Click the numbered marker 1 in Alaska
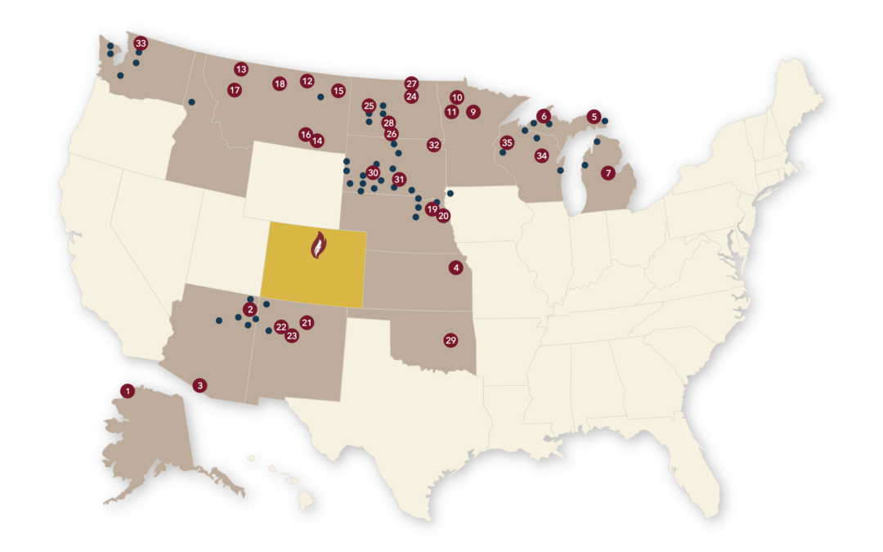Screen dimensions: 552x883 tap(128, 391)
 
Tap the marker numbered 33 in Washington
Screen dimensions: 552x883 tap(141, 43)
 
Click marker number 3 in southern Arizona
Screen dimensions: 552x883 tap(199, 385)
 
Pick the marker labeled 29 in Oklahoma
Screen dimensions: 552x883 tap(450, 340)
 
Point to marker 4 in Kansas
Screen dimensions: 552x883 tap(456, 267)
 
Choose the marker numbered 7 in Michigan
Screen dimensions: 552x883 tap(607, 173)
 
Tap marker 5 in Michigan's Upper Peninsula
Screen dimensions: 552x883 tap(594, 117)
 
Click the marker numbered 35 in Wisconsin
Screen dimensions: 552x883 tap(507, 142)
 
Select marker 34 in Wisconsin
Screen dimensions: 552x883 tap(541, 155)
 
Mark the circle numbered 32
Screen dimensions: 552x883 tap(434, 145)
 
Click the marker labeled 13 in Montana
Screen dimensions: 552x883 tap(240, 70)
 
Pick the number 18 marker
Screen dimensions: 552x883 tap(280, 83)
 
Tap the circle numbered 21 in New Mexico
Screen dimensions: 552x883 tap(307, 322)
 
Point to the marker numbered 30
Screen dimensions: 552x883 tap(373, 173)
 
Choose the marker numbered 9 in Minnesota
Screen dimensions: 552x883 tap(473, 112)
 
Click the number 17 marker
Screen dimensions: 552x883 tap(235, 90)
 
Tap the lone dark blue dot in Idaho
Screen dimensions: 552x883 tap(191, 102)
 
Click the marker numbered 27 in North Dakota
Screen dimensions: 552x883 tap(411, 83)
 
